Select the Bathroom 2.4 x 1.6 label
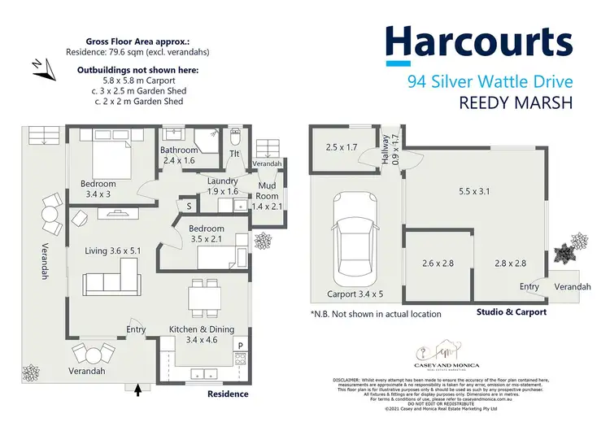pos(179,155)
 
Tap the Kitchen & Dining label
pos(202,333)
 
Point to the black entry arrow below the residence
pos(137,391)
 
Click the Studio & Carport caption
pos(511,311)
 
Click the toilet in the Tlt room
pos(234,136)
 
